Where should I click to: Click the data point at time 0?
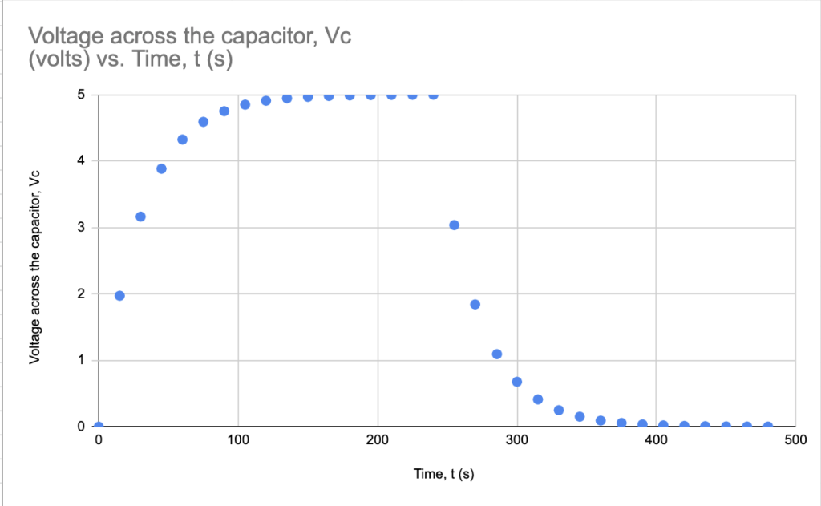coord(99,426)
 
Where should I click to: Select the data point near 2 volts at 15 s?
coord(119,295)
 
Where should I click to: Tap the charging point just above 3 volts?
coord(140,217)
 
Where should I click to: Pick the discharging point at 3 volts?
coord(454,225)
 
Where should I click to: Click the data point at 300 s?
coord(517,381)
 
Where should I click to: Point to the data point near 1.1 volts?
coord(496,354)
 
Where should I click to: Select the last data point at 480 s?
coord(768,426)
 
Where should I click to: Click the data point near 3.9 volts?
coord(161,168)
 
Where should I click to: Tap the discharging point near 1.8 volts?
coord(475,304)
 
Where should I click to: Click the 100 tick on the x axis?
coord(237,440)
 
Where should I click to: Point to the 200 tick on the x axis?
coord(377,440)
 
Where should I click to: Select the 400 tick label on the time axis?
coord(657,440)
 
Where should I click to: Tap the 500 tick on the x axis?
coord(795,440)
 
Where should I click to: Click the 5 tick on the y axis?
coord(81,95)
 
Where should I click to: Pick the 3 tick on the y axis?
coord(81,227)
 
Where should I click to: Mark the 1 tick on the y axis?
coord(81,360)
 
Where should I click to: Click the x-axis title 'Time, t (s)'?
coord(443,474)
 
